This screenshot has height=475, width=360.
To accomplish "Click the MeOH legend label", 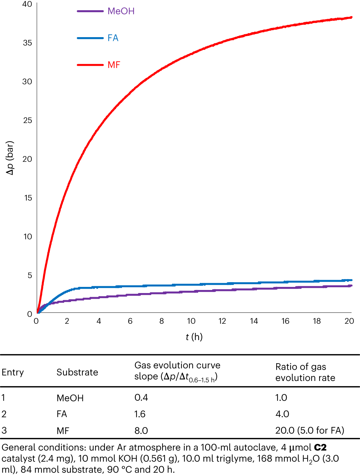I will tap(121, 11).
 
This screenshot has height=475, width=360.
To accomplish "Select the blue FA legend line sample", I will tap(90, 38).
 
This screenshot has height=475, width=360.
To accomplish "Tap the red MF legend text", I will tap(114, 65).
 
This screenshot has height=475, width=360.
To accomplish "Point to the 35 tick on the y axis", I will tap(27, 43).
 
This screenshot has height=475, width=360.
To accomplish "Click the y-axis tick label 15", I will tap(28, 198).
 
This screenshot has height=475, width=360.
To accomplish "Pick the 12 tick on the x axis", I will tap(222, 321).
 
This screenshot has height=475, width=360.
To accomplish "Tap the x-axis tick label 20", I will tap(349, 321).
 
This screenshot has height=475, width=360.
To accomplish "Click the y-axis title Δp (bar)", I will tap(10, 158).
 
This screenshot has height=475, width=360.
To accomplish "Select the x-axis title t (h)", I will tap(194, 337).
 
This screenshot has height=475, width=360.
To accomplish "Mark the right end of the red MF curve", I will tap(351, 17).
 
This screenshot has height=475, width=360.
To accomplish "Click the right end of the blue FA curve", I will tap(351, 280).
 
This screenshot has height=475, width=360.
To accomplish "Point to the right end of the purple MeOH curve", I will tap(351, 286).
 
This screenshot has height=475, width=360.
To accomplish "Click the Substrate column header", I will tap(77, 372).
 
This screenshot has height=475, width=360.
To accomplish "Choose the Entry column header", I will tap(13, 372).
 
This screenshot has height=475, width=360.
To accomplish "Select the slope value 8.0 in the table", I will tap(141, 431).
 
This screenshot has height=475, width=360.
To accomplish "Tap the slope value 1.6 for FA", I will tap(140, 414).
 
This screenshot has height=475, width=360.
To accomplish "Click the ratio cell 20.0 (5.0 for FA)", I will tap(310, 430).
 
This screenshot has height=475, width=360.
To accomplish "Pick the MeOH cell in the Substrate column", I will tap(70, 398).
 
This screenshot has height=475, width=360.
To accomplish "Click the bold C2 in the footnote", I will tap(320, 447).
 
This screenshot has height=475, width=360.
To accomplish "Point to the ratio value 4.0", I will tap(282, 414).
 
